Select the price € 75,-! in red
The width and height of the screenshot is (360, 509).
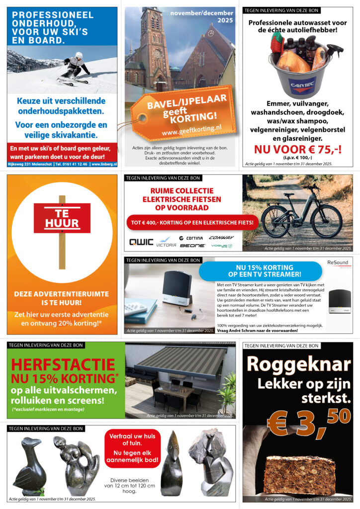click(x=297, y=149)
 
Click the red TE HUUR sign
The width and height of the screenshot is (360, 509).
click(x=62, y=218)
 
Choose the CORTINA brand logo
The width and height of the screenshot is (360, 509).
click(x=191, y=238)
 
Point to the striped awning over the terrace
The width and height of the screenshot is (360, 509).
click(x=180, y=358)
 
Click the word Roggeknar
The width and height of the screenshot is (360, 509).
click(x=298, y=364)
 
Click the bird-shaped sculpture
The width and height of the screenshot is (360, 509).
click(x=29, y=465)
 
